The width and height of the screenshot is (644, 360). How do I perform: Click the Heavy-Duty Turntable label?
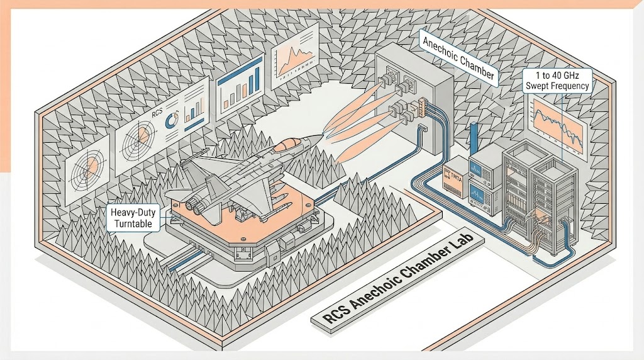pos(135,217)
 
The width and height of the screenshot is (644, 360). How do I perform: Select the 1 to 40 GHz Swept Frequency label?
pos(556,81)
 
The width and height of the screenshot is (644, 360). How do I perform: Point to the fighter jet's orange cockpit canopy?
pos(289,145)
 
